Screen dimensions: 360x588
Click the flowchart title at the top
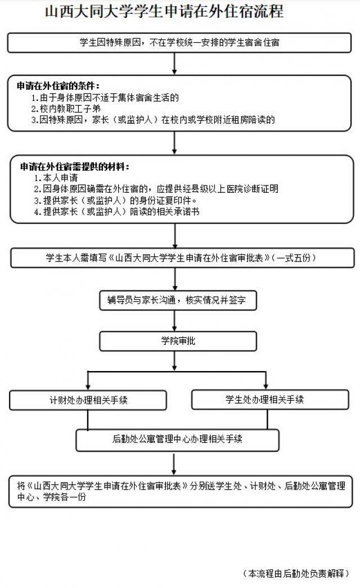164,11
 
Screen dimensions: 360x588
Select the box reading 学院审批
178,341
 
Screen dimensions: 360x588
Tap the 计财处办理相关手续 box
88,400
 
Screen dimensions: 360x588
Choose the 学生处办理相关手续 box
270,400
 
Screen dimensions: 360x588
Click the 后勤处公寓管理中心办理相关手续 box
178,440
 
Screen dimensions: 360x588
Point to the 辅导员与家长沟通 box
178,300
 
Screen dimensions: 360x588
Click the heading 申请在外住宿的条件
58,86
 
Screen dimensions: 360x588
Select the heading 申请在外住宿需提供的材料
74,167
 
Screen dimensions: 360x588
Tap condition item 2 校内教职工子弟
66,108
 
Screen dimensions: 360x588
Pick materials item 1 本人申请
56,178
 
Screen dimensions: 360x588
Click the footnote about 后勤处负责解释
296,573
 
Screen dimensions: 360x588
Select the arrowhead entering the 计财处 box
88,387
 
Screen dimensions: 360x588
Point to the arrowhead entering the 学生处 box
265,387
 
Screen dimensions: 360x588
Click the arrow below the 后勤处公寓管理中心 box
174,464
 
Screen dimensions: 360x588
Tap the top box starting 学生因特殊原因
179,42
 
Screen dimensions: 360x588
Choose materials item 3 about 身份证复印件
115,200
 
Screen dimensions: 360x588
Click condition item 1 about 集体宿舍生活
105,98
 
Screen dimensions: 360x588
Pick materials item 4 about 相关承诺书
116,211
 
